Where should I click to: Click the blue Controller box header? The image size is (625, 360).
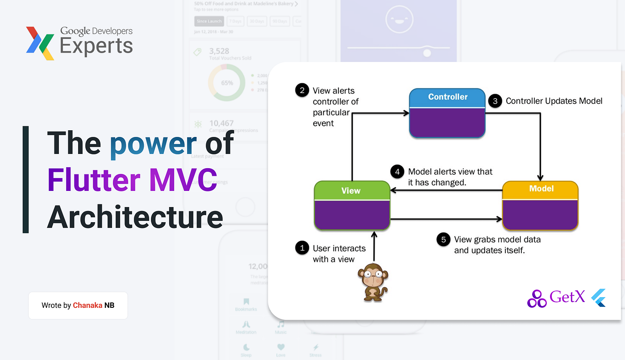point(447,97)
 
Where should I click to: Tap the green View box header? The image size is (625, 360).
point(351,190)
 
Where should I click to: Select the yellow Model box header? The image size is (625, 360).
point(541,189)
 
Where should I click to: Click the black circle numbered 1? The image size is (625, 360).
point(302,248)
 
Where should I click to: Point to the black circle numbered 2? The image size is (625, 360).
point(302,91)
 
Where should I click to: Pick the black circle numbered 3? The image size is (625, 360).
point(495,101)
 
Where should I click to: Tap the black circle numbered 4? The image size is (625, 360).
point(397,172)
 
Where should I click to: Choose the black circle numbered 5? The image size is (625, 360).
point(443,240)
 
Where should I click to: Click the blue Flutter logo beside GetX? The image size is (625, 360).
point(599,298)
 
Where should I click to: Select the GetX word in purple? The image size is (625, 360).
point(567,297)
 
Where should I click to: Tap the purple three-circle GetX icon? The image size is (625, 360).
point(537,298)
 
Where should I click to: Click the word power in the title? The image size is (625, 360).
point(153,144)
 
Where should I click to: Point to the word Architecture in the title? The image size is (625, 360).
point(135,217)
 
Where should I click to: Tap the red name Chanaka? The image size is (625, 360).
point(87,306)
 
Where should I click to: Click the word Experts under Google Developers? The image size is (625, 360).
point(96,46)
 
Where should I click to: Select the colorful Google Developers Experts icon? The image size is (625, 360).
point(40,43)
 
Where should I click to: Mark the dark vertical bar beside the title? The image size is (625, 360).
point(25,179)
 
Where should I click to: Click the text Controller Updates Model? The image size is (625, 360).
point(554,101)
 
